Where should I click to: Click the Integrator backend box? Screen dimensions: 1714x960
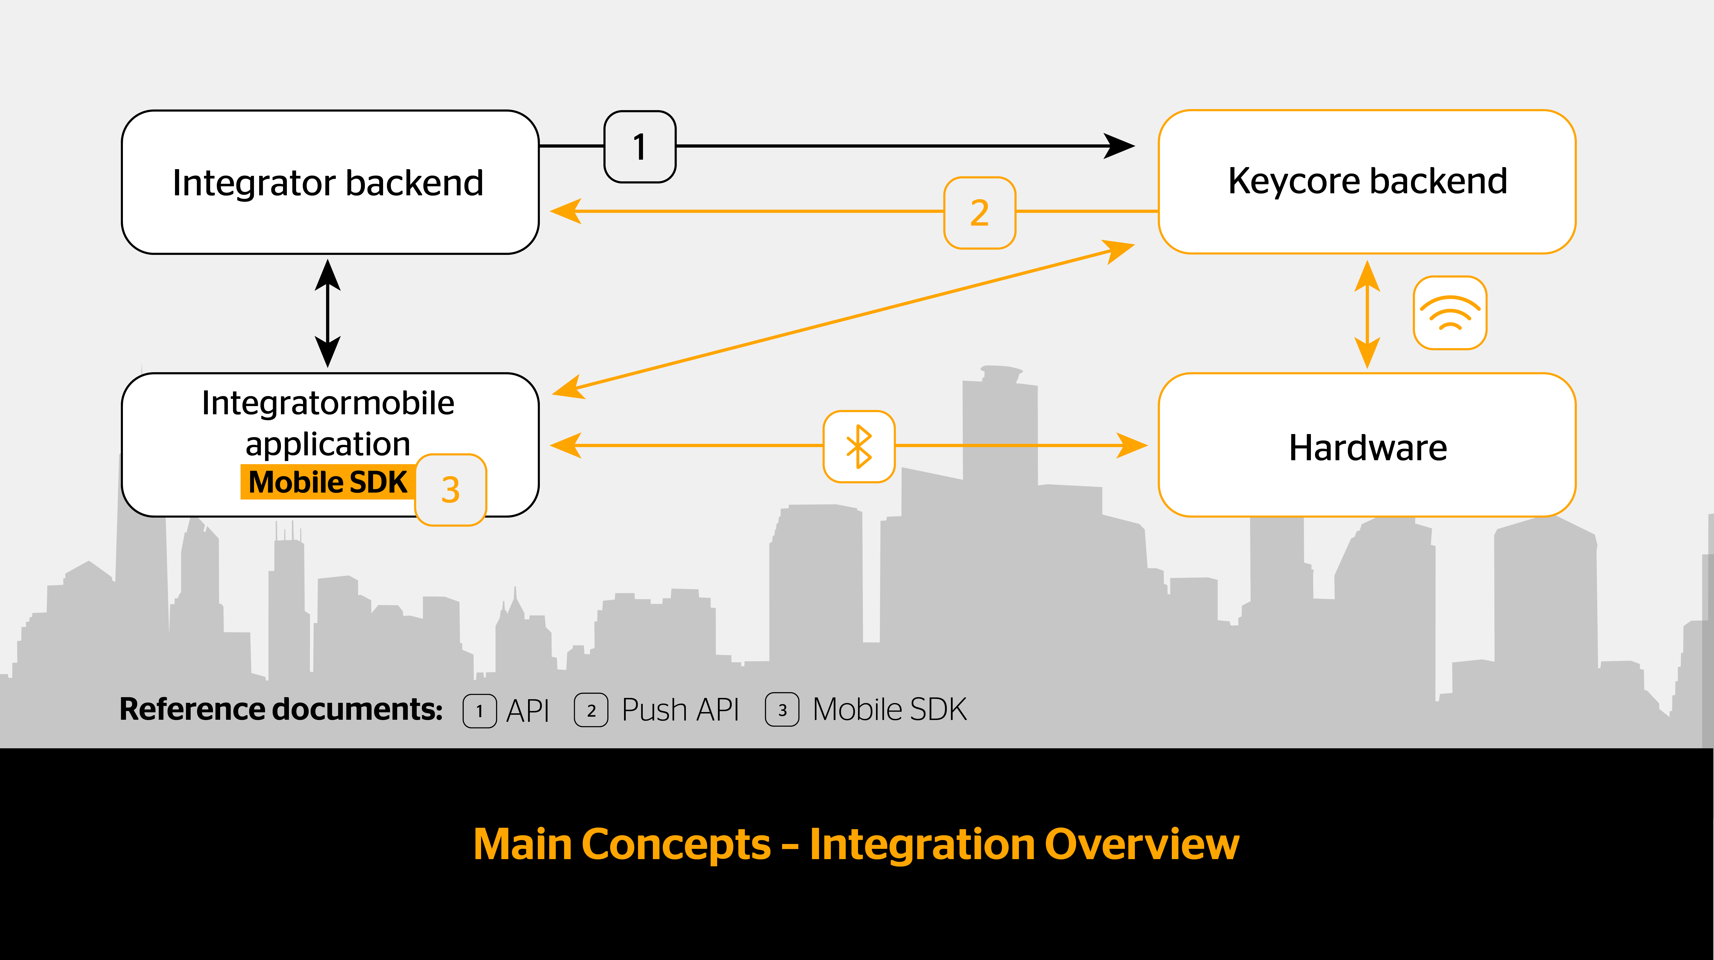click(x=330, y=182)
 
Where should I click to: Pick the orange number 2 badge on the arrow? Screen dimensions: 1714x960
click(x=979, y=213)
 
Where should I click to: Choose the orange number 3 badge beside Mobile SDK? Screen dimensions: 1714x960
click(x=451, y=490)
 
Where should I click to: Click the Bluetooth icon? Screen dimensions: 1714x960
click(x=859, y=446)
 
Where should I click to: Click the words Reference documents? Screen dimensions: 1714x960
click(x=281, y=709)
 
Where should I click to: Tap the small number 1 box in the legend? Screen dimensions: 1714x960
click(x=480, y=710)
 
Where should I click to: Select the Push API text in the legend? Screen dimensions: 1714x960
click(x=680, y=710)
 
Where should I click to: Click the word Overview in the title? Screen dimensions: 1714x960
click(x=1142, y=844)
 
